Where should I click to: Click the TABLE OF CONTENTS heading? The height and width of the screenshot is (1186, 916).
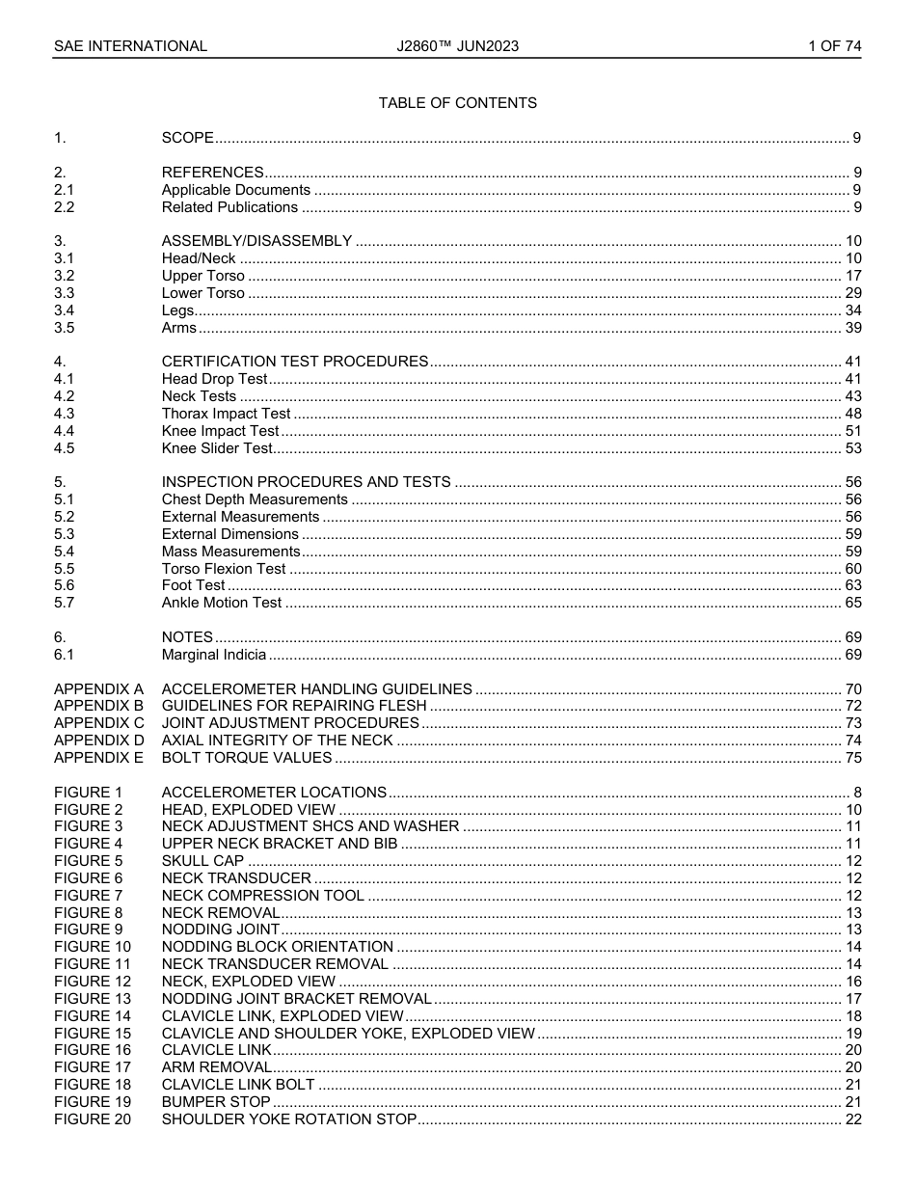[x=457, y=103]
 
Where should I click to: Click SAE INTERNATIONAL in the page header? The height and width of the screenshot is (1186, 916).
[x=130, y=45]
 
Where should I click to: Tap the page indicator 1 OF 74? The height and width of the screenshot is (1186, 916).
[x=834, y=45]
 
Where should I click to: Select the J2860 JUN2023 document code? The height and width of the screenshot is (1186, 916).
[x=457, y=45]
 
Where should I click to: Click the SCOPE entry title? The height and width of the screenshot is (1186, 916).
[x=187, y=138]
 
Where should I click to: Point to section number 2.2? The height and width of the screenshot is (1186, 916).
[x=64, y=207]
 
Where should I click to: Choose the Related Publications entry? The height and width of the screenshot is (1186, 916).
[x=229, y=207]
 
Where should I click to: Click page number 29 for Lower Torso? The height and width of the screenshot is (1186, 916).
[x=852, y=293]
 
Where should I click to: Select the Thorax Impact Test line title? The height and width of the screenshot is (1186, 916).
[x=226, y=414]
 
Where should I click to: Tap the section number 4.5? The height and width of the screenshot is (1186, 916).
[x=64, y=448]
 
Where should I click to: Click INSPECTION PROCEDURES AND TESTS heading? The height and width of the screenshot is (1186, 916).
[x=306, y=482]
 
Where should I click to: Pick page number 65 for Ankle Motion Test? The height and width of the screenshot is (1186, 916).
[x=852, y=603]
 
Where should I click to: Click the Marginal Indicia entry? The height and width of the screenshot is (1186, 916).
[x=213, y=655]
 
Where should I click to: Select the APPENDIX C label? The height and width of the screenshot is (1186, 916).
[x=98, y=723]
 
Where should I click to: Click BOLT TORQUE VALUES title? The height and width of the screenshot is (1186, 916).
[x=246, y=758]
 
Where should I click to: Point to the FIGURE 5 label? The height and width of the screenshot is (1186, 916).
[x=88, y=861]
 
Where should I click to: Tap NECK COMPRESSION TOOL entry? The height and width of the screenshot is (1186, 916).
[x=262, y=896]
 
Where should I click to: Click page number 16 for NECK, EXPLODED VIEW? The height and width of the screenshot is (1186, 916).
[x=852, y=982]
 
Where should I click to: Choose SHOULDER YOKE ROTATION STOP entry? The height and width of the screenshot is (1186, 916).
[x=288, y=1119]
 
